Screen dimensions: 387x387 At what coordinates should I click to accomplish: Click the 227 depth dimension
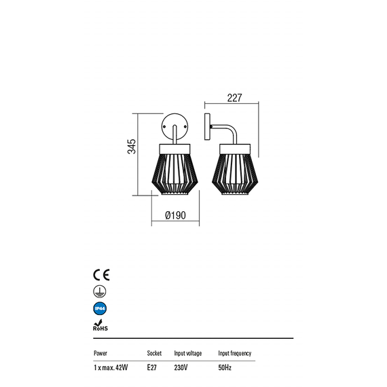[x=234, y=98]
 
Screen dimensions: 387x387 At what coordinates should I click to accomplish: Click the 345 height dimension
[x=132, y=147]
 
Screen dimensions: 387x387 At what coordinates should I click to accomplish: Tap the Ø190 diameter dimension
[x=175, y=215]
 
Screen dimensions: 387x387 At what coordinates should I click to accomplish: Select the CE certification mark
[x=101, y=275]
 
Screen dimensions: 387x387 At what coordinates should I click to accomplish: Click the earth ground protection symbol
[x=99, y=291]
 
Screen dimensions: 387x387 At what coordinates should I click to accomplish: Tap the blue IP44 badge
[x=100, y=308]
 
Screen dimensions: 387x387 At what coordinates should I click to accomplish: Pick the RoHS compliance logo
[x=100, y=325]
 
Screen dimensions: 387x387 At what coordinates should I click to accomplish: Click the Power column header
[x=100, y=353]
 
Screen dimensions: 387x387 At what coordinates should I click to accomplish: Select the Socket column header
[x=154, y=353]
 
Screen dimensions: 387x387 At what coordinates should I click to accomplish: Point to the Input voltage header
[x=188, y=354]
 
